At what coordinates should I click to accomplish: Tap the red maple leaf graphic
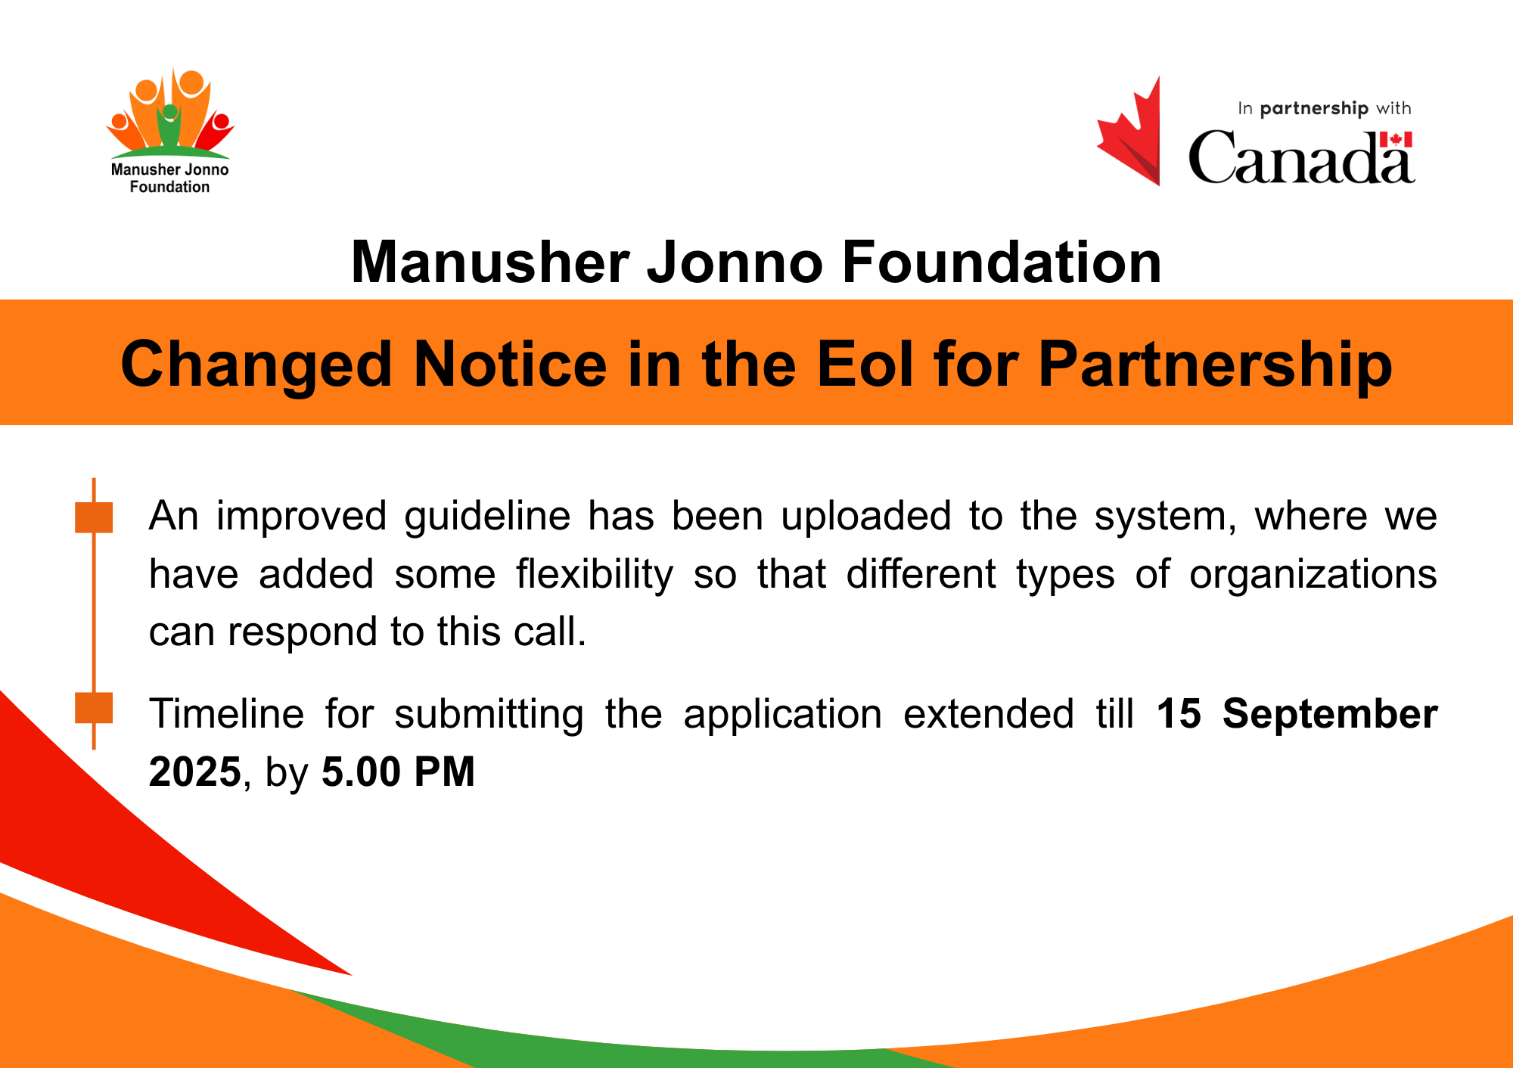1129,131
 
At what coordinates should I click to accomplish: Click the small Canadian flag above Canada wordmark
1395,140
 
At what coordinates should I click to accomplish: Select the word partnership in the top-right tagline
1314,109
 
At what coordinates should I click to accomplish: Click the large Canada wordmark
1301,157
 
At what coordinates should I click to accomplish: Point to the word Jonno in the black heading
734,262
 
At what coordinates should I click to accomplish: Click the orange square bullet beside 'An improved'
94,517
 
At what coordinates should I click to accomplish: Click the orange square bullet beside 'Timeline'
94,708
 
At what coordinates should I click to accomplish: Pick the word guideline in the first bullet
487,517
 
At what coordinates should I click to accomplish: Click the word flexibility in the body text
595,575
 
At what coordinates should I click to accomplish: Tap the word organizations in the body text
1313,575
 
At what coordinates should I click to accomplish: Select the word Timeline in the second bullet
226,713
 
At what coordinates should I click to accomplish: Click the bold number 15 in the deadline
1179,713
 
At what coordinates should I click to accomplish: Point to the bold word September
1330,715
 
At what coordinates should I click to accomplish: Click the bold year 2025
194,772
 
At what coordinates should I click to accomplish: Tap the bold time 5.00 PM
398,772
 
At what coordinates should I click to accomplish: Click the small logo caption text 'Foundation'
169,187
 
